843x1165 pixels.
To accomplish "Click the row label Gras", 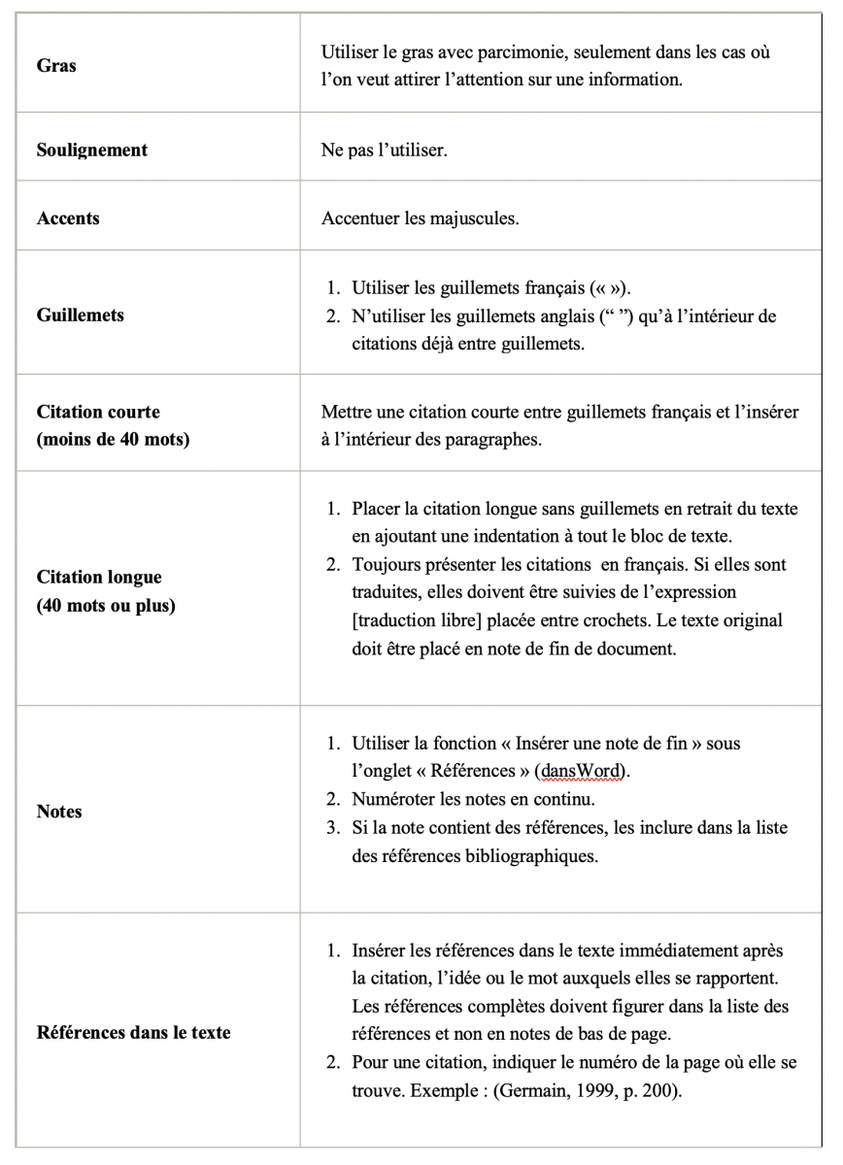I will (x=56, y=66).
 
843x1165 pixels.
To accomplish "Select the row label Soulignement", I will (x=92, y=150).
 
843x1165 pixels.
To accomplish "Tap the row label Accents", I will (x=68, y=218).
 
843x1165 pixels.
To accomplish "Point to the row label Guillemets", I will (x=81, y=316).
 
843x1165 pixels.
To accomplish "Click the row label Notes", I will (x=59, y=812).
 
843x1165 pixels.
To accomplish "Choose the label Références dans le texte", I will (x=134, y=1032).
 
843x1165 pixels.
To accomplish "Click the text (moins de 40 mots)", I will (x=113, y=440).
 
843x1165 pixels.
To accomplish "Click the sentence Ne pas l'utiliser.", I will (x=385, y=151).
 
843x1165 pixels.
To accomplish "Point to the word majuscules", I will (x=474, y=218).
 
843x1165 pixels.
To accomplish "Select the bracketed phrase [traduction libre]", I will (x=426, y=620).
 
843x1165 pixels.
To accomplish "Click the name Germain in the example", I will (x=525, y=1089).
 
